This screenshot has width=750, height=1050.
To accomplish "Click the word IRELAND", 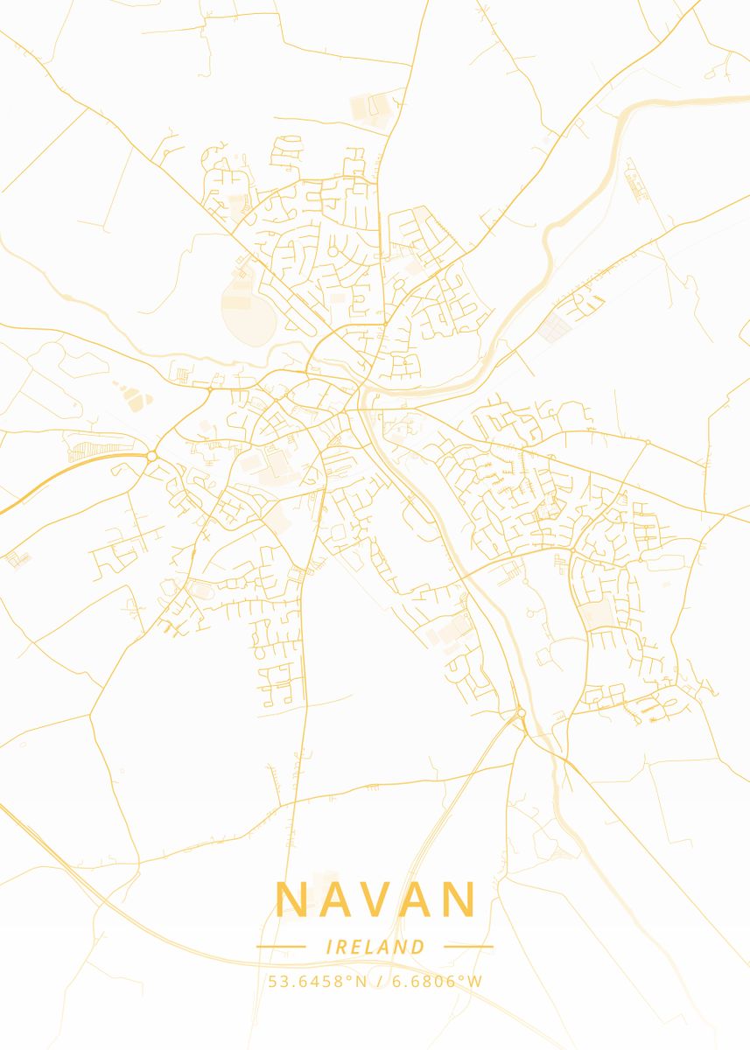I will click(x=375, y=947).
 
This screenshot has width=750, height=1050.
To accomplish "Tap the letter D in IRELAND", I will click(x=418, y=947).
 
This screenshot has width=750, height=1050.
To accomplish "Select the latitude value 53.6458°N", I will click(x=318, y=981).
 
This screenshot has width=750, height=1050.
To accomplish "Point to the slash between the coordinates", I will click(x=377, y=981).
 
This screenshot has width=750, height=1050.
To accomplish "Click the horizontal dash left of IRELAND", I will click(x=280, y=947).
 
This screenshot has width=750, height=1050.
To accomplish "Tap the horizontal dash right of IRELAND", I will click(x=468, y=947).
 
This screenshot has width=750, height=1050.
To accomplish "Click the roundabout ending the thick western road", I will click(x=151, y=456).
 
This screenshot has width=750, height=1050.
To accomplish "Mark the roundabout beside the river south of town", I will click(x=521, y=713).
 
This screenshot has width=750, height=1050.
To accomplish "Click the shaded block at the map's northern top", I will click(x=370, y=109).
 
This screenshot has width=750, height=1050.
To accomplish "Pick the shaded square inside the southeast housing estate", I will click(x=599, y=612).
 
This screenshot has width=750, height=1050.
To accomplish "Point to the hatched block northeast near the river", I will click(x=554, y=329).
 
